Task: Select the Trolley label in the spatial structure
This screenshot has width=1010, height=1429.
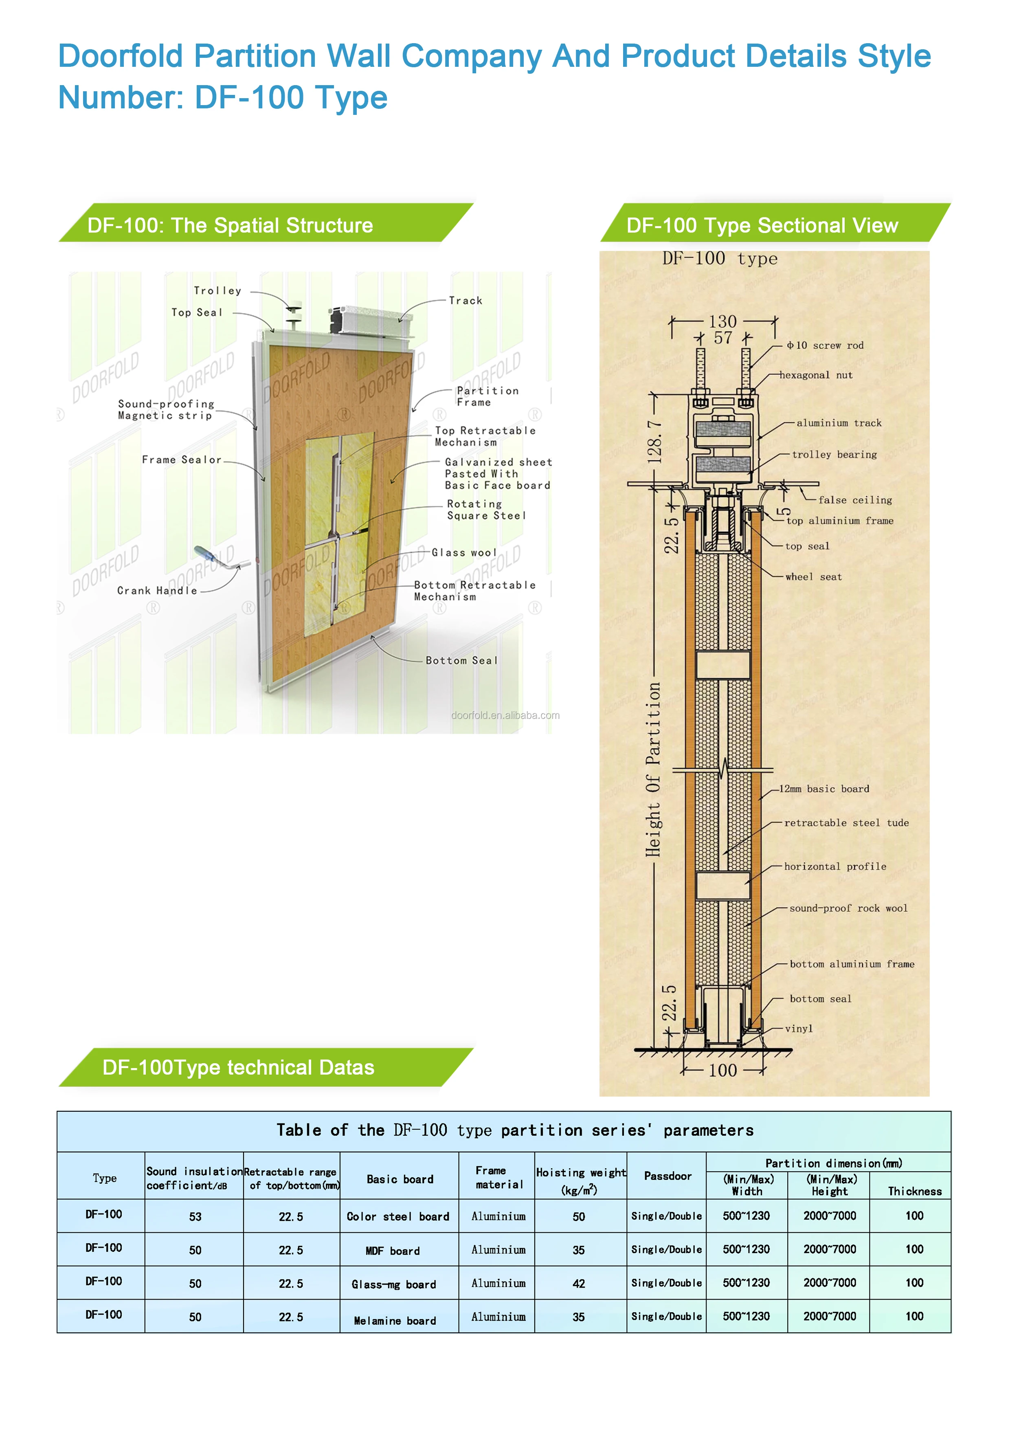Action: coord(217,291)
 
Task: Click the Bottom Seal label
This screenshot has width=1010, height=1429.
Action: coord(462,660)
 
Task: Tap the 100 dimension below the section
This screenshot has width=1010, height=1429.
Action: coord(722,1071)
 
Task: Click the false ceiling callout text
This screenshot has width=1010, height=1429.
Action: coord(855,500)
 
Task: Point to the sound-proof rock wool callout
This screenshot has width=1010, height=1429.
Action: coord(848,908)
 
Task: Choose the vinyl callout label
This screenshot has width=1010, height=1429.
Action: coord(799,1029)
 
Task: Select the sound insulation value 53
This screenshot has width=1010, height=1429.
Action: coord(195,1217)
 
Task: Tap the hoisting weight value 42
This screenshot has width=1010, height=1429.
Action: coord(579,1283)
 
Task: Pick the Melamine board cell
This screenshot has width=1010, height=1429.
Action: coord(395,1320)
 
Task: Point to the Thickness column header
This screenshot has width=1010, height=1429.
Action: coord(914,1191)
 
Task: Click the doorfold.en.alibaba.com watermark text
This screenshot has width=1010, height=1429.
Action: coord(505,715)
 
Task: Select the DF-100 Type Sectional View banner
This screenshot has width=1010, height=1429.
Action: coord(762,225)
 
